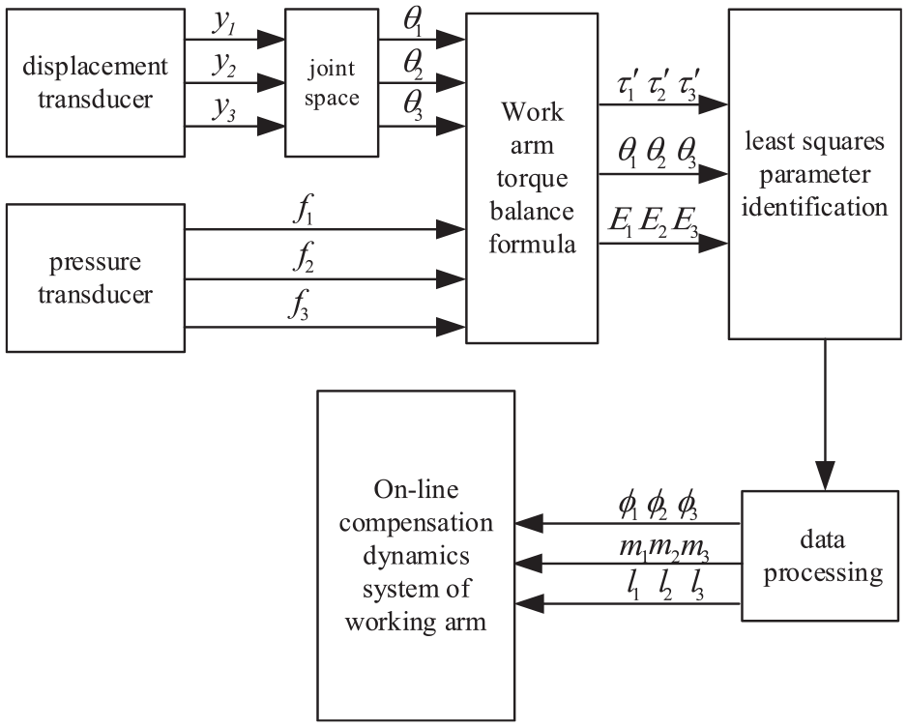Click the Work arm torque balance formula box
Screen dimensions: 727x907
(532, 177)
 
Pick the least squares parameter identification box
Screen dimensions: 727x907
(813, 174)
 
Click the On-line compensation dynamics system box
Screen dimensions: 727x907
(417, 555)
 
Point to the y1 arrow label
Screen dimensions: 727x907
(225, 20)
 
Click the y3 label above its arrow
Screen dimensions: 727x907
(225, 104)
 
